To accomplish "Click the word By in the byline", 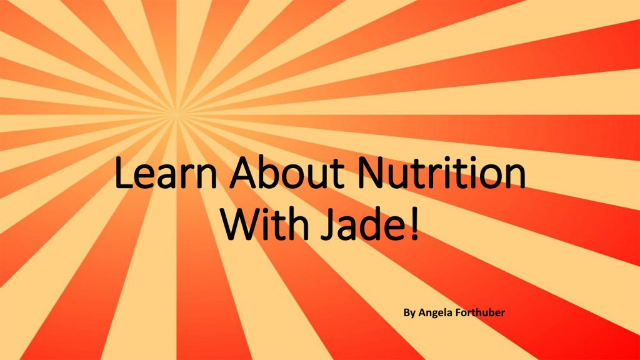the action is [409, 313].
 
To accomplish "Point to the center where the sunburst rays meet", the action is [177, 114].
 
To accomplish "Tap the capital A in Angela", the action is [422, 312].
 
